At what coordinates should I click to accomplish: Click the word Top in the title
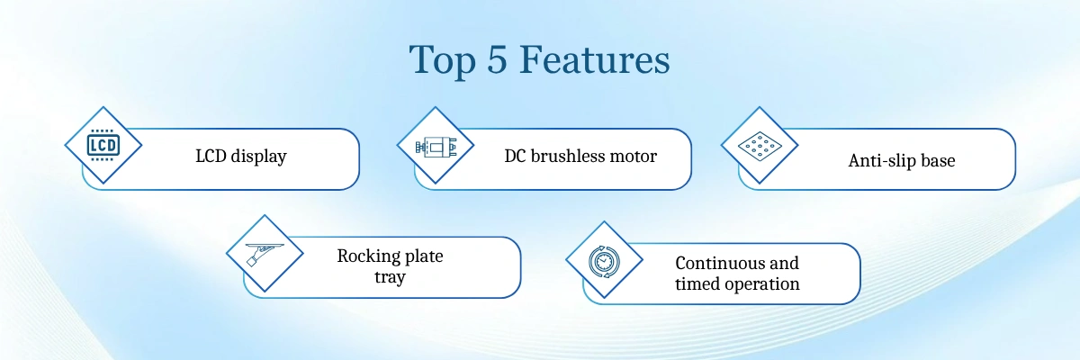(x=443, y=60)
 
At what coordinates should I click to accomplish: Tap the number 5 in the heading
(x=497, y=58)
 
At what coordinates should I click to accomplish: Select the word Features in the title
(x=595, y=58)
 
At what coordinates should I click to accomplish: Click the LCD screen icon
(x=103, y=145)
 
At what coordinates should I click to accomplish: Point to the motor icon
(x=436, y=146)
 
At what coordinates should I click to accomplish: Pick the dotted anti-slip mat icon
(x=760, y=146)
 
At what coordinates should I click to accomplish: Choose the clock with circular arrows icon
(x=604, y=261)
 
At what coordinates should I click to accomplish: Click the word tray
(x=390, y=277)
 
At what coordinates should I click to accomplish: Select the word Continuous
(x=718, y=263)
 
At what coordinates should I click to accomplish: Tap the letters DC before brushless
(x=515, y=156)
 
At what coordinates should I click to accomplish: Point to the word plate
(x=424, y=256)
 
